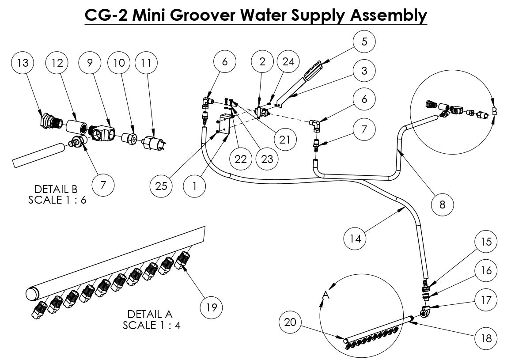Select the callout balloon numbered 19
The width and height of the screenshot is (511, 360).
(x=212, y=307)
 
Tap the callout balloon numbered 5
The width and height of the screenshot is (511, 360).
(x=364, y=42)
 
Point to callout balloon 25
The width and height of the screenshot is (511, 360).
(x=161, y=186)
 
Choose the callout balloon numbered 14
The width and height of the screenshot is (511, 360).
(x=355, y=239)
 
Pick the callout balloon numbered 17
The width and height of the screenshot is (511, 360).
(x=486, y=300)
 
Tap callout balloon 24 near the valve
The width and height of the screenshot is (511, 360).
(x=288, y=62)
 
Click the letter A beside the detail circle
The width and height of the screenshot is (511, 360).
(x=326, y=294)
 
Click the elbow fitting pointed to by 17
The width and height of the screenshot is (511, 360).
(x=426, y=311)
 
